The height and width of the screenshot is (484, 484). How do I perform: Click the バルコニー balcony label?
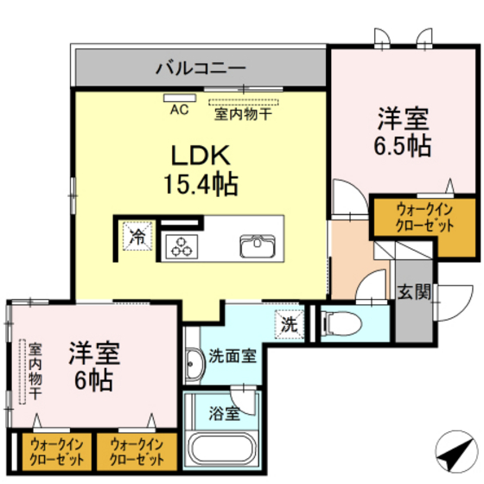pos(201,66)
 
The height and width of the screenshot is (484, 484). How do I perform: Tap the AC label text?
pos(179,110)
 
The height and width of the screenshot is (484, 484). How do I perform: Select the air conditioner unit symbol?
pos(180,98)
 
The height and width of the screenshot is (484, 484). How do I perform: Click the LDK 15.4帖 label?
pos(201,169)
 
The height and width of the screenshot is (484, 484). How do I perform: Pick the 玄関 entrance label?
pos(412,291)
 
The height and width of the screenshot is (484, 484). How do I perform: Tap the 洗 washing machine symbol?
pos(290,323)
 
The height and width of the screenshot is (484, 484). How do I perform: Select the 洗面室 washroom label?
pos(232,357)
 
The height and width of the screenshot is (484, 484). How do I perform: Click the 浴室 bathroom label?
pos(224,413)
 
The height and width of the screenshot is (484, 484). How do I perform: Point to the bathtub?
pos(223,449)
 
